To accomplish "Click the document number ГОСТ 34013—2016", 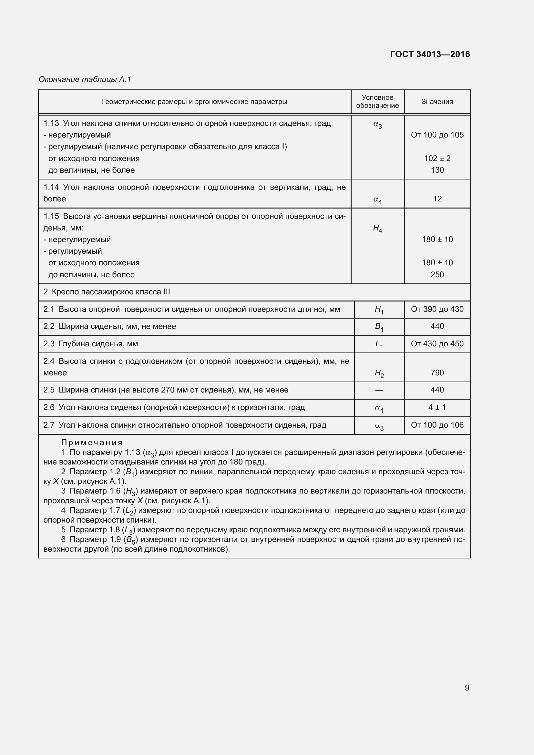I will pyautogui.click(x=430, y=54).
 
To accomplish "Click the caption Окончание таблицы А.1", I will pyautogui.click(x=85, y=79).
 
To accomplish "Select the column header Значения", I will pyautogui.click(x=437, y=102).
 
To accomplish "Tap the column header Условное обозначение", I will pyautogui.click(x=377, y=102).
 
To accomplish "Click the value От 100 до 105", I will pyautogui.click(x=437, y=135).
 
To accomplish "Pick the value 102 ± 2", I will pyautogui.click(x=437, y=158).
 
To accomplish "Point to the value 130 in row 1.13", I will pyautogui.click(x=437, y=170).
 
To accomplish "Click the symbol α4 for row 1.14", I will pyautogui.click(x=377, y=199).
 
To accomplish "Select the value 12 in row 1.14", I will pyautogui.click(x=437, y=199).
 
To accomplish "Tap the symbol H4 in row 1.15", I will pyautogui.click(x=377, y=229).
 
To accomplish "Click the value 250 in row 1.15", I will pyautogui.click(x=437, y=275).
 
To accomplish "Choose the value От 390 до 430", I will pyautogui.click(x=437, y=309).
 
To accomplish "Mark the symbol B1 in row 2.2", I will pyautogui.click(x=379, y=327).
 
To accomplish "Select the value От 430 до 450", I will pyautogui.click(x=437, y=344).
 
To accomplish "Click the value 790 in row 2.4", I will pyautogui.click(x=437, y=372).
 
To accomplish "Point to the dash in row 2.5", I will pyautogui.click(x=379, y=390).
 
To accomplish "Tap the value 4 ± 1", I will pyautogui.click(x=437, y=407).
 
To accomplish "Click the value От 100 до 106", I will pyautogui.click(x=437, y=425).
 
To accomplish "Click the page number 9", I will pyautogui.click(x=467, y=688).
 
